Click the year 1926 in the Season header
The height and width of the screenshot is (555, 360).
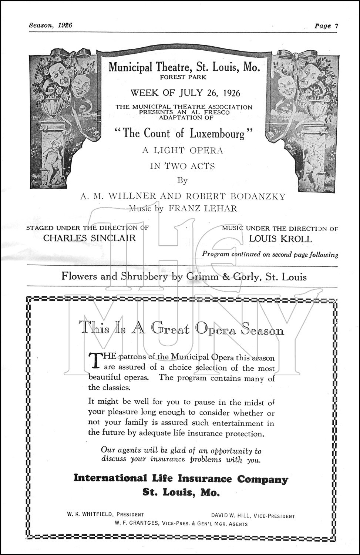(x=65, y=25)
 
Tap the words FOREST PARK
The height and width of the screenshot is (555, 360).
(x=183, y=77)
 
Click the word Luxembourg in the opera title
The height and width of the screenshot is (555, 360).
(x=217, y=133)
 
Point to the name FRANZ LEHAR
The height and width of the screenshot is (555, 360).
(x=202, y=208)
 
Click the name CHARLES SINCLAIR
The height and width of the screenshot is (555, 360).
(x=90, y=238)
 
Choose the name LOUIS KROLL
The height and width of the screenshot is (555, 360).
(x=280, y=239)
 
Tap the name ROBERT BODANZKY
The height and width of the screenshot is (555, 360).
(x=240, y=196)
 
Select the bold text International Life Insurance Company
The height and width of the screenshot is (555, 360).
(x=181, y=478)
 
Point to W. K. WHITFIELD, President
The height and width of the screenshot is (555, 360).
(x=105, y=514)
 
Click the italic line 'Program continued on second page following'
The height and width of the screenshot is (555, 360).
(x=270, y=255)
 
